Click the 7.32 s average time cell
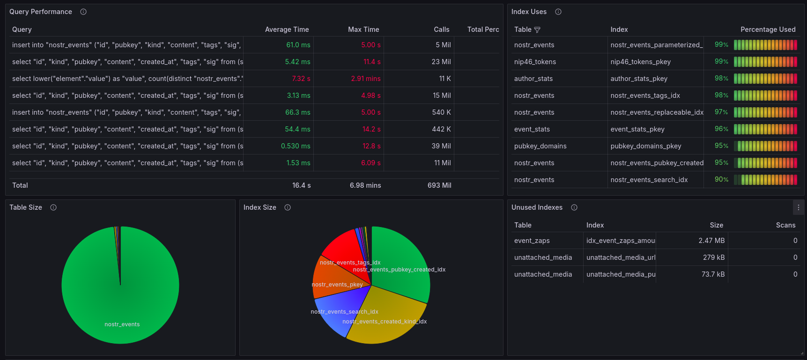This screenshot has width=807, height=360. click(301, 79)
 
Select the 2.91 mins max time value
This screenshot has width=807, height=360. click(366, 79)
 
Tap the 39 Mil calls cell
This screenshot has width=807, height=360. click(441, 146)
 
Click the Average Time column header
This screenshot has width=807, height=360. click(287, 29)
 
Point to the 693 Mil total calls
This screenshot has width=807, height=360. click(439, 185)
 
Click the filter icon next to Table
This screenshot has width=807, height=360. click(537, 30)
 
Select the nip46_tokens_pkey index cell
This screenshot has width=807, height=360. click(641, 62)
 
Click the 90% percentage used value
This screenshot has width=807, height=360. click(721, 179)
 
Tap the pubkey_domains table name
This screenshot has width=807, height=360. click(540, 146)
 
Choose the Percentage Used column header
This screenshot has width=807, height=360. click(768, 29)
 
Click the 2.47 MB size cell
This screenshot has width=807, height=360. click(712, 241)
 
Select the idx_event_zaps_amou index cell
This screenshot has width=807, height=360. click(621, 241)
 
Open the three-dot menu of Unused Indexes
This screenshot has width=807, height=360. click(799, 207)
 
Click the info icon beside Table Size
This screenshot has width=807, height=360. click(53, 207)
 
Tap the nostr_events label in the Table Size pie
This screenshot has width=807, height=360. click(122, 324)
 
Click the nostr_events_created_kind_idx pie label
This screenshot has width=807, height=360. click(385, 322)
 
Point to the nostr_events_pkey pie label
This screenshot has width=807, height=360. click(337, 285)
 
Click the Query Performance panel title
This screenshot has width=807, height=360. click(41, 12)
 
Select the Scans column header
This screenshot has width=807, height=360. click(786, 225)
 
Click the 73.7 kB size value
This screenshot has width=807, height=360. click(713, 274)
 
